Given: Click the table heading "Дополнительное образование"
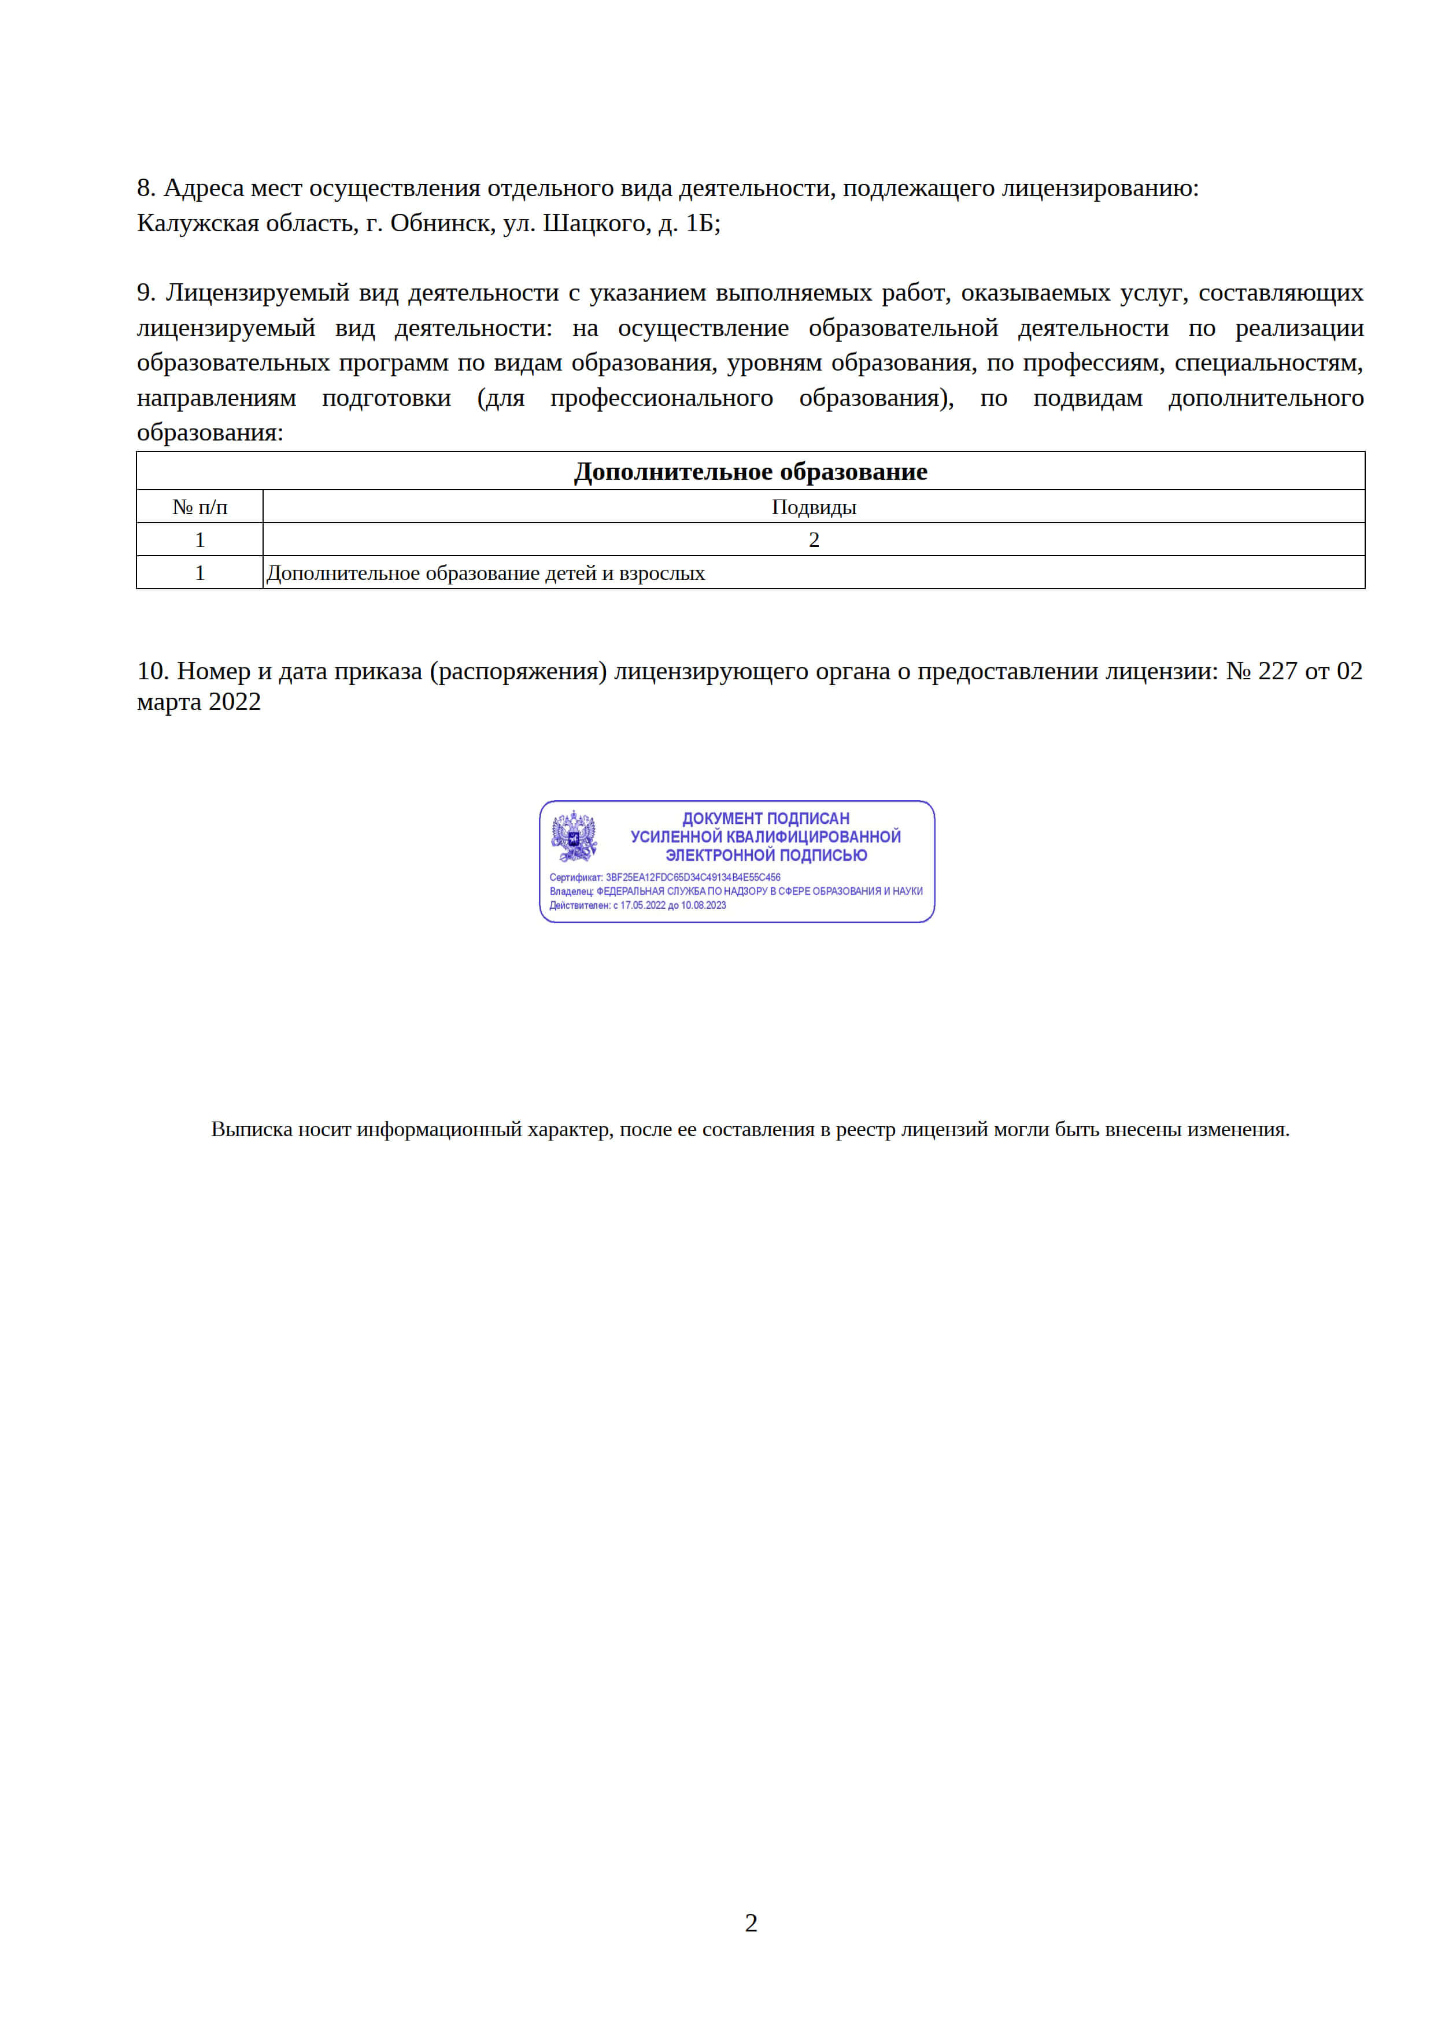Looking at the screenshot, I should coord(750,472).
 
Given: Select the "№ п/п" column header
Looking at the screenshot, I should coord(199,507).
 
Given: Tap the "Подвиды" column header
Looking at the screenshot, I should coord(814,507).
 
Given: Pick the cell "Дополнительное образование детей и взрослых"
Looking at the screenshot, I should coord(485,573).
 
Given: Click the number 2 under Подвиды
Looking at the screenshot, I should coord(814,540).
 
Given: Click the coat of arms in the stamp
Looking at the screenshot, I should coord(574,835).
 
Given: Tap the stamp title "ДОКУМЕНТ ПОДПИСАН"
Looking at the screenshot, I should coord(765,819).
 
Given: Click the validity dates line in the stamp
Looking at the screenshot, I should coord(638,905).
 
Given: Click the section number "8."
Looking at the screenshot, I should coord(146,188).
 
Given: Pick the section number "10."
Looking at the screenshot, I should coord(152,671).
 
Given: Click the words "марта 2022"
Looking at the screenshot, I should coord(199,702).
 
